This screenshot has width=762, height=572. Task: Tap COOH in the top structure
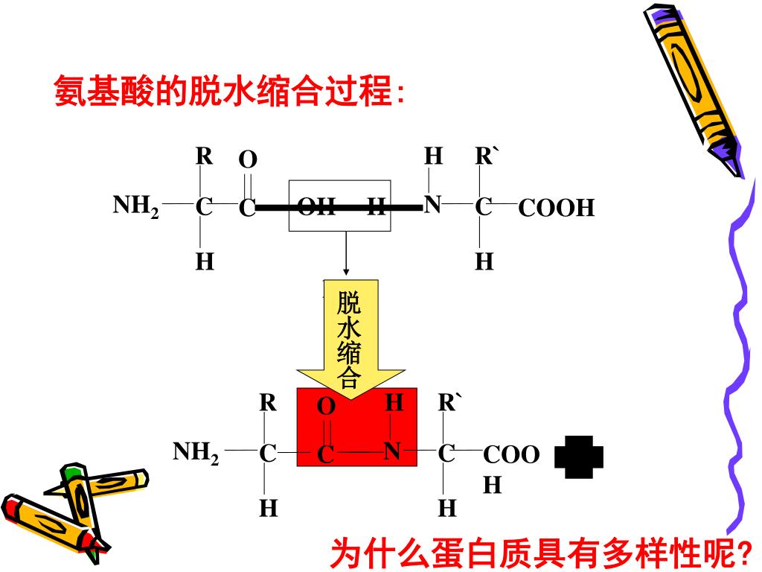557,208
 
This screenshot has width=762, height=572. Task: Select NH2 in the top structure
135,206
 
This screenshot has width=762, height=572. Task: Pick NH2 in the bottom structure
196,452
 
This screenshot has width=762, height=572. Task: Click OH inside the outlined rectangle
317,207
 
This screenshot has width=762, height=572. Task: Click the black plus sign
579,457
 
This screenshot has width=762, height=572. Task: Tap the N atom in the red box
393,452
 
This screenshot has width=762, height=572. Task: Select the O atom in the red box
326,407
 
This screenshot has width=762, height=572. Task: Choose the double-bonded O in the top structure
248,160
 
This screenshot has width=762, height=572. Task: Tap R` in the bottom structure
449,404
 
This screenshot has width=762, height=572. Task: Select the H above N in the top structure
433,156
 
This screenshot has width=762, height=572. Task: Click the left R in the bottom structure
268,404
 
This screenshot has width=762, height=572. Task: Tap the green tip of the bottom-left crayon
72,471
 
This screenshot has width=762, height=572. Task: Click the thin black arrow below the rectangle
346,253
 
